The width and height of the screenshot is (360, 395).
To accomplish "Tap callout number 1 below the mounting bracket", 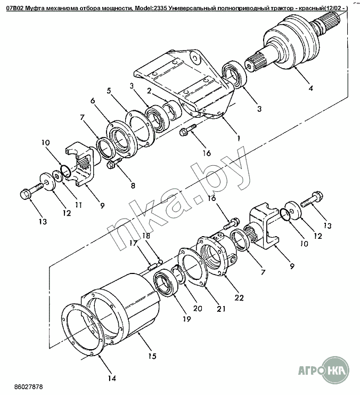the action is (239, 138).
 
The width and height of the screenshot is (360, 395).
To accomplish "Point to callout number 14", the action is (111, 379).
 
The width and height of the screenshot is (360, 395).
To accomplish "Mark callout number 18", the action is (145, 235).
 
